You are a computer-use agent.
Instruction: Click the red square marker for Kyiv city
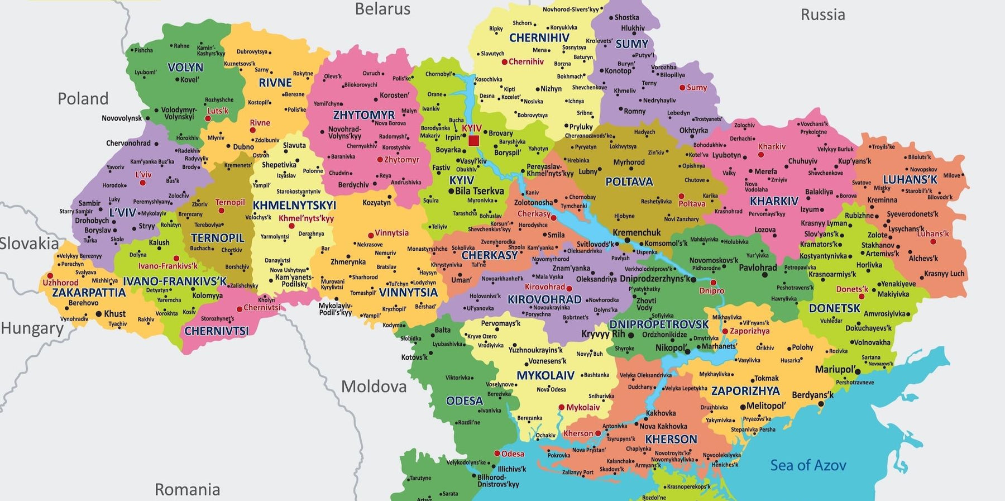[473, 140]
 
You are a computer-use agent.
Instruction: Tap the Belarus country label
[382, 9]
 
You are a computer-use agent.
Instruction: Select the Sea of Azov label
[808, 465]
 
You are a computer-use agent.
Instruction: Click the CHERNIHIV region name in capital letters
[539, 38]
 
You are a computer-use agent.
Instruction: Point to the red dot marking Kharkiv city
[760, 155]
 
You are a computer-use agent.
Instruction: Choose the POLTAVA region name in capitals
[629, 182]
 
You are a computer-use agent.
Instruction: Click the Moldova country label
[374, 387]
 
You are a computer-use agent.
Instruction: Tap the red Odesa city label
[513, 454]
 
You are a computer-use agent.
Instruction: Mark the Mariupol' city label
[835, 369]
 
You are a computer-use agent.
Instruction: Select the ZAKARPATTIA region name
[89, 293]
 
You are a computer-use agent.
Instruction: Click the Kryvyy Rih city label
[603, 334]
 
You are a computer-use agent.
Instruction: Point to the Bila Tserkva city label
[479, 191]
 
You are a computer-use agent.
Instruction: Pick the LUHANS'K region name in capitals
[910, 180]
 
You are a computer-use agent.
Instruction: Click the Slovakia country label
[29, 244]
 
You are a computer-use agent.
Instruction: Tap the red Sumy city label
[696, 88]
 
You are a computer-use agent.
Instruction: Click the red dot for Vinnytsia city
[371, 236]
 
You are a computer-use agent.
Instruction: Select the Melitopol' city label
[765, 406]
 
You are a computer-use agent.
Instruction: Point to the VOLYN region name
[185, 68]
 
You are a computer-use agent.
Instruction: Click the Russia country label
[822, 15]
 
